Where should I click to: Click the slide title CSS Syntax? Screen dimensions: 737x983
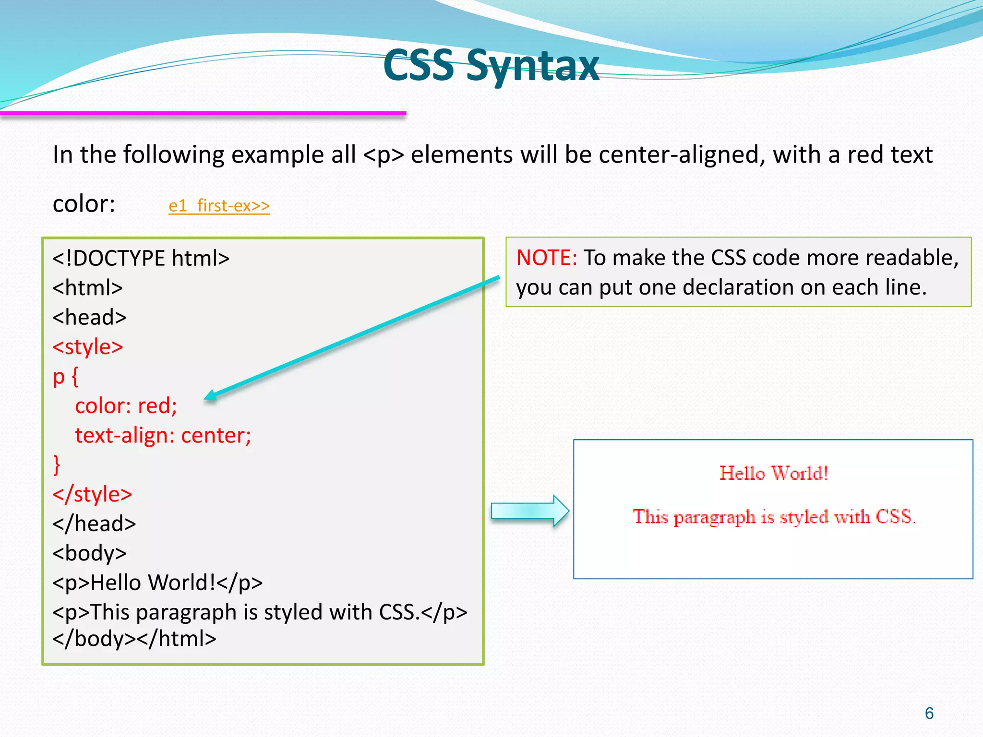pos(491,66)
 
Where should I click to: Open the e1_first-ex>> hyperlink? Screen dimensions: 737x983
pos(219,206)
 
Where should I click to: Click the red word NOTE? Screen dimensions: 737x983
pos(546,258)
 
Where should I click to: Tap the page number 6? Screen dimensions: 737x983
pos(929,713)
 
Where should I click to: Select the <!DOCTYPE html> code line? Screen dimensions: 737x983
pos(141,259)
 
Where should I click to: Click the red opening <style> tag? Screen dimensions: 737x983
pos(88,347)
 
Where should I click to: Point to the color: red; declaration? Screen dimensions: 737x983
pos(126,406)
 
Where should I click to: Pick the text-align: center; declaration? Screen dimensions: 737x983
pos(163,436)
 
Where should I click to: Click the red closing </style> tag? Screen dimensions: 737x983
pos(92,494)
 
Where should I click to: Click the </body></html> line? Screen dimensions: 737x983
pos(134,639)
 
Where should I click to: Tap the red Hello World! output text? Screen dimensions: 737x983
pos(774,474)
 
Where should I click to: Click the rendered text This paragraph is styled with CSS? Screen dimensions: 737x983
pos(774,517)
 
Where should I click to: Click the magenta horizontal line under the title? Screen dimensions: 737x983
pos(203,113)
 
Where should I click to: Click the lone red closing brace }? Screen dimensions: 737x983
pos(57,465)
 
